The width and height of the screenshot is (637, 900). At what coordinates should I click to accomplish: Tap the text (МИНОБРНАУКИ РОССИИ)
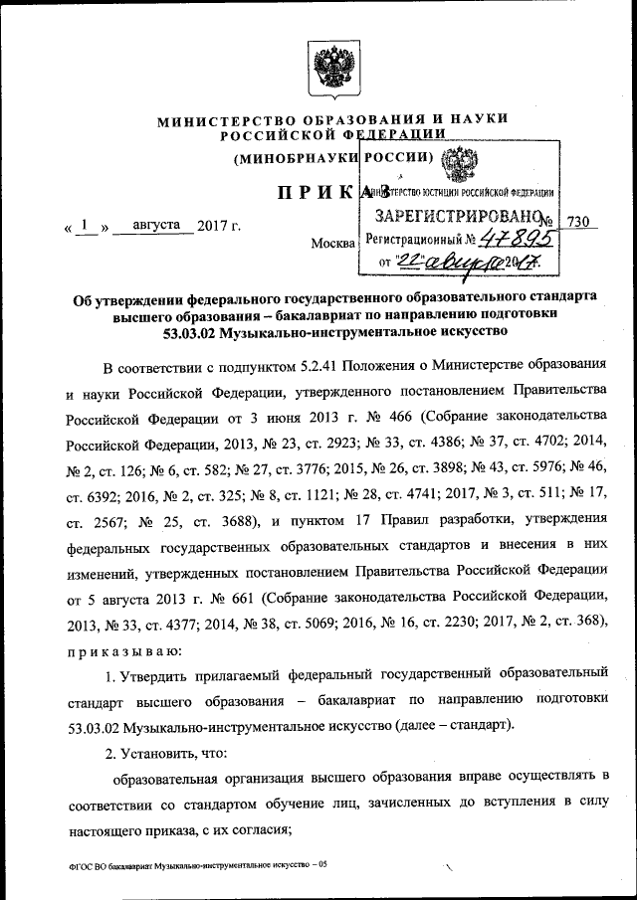(x=332, y=157)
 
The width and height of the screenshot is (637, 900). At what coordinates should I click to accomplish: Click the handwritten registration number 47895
(x=518, y=238)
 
